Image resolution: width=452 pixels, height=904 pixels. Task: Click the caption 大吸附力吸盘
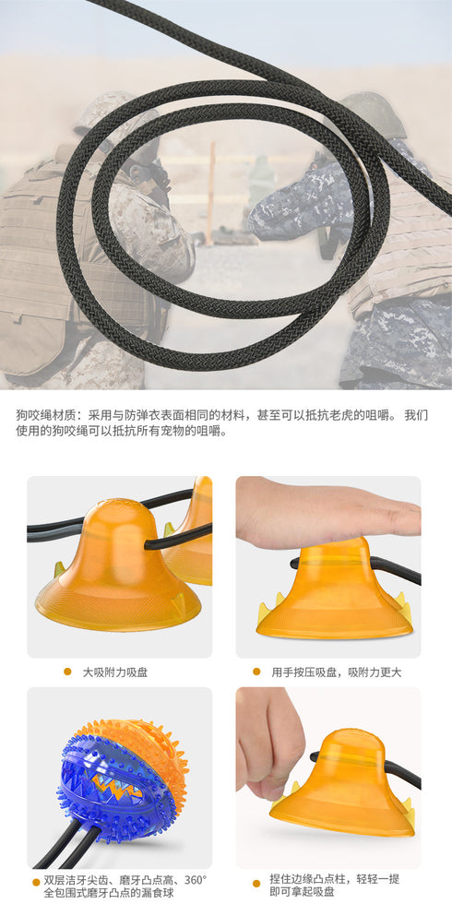tap(114, 672)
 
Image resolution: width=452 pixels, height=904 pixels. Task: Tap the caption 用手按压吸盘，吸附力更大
tap(336, 672)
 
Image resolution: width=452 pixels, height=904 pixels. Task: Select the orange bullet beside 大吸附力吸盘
tap(67, 672)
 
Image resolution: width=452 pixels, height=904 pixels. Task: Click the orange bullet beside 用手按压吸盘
tap(256, 672)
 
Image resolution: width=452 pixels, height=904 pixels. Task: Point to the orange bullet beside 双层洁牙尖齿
tap(36, 882)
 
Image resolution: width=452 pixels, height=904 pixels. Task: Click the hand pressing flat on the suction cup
tap(327, 513)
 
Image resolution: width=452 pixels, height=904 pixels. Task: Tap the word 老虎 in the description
tap(337, 415)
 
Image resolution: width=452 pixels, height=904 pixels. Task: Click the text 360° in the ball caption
tap(196, 881)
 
